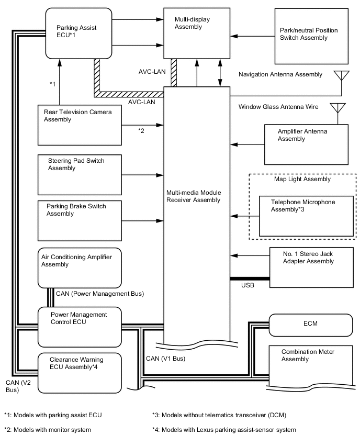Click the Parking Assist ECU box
[x=78, y=33]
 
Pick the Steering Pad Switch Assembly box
[x=79, y=174]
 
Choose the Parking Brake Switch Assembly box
[x=79, y=220]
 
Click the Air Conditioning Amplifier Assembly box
[x=79, y=267]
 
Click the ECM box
[x=310, y=325]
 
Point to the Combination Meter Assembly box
[x=310, y=366]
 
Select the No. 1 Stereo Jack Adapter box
[x=311, y=267]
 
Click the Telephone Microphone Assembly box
[x=307, y=216]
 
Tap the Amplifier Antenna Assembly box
[x=306, y=144]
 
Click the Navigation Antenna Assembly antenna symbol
[x=342, y=76]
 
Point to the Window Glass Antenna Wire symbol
[x=337, y=108]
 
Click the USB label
[x=248, y=285]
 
